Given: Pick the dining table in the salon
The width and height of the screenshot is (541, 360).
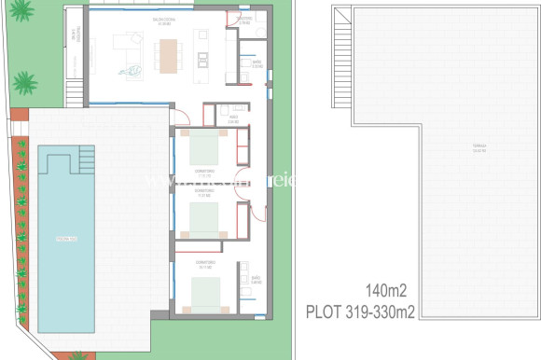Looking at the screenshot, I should click(169, 55).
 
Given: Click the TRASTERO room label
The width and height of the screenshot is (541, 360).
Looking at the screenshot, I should click(244, 19).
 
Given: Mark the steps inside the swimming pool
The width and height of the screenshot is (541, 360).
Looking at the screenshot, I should click(87, 159).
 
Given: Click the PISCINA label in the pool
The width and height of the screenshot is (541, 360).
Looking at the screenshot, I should click(65, 239).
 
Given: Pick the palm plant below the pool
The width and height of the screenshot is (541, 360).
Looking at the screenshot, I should click(78, 355).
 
